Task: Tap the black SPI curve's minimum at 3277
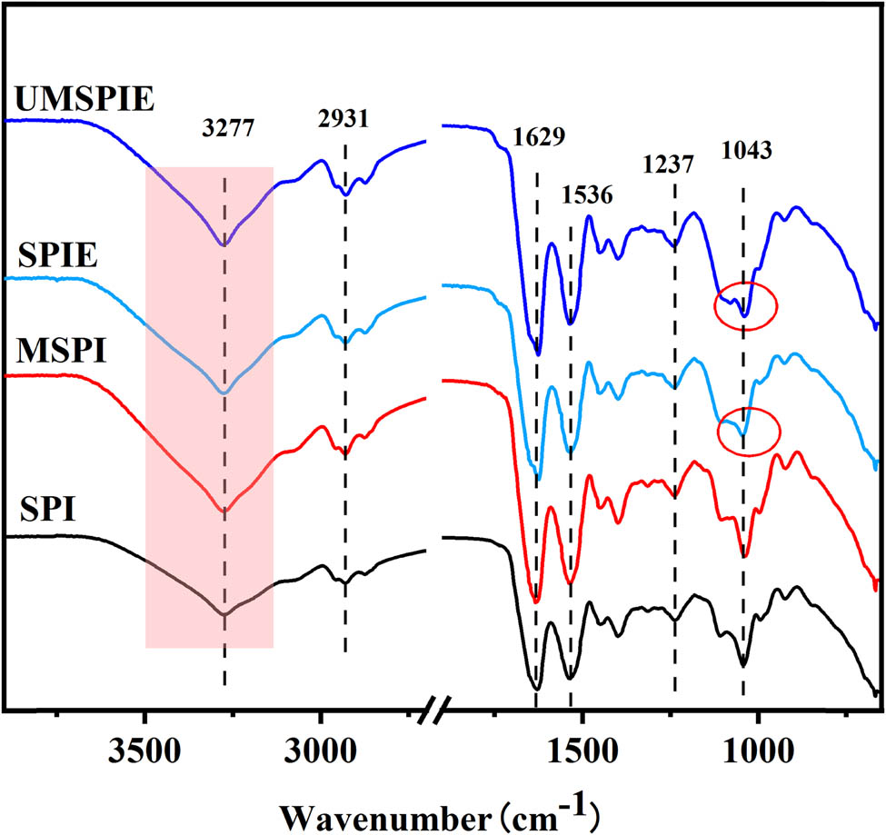pos(224,615)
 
